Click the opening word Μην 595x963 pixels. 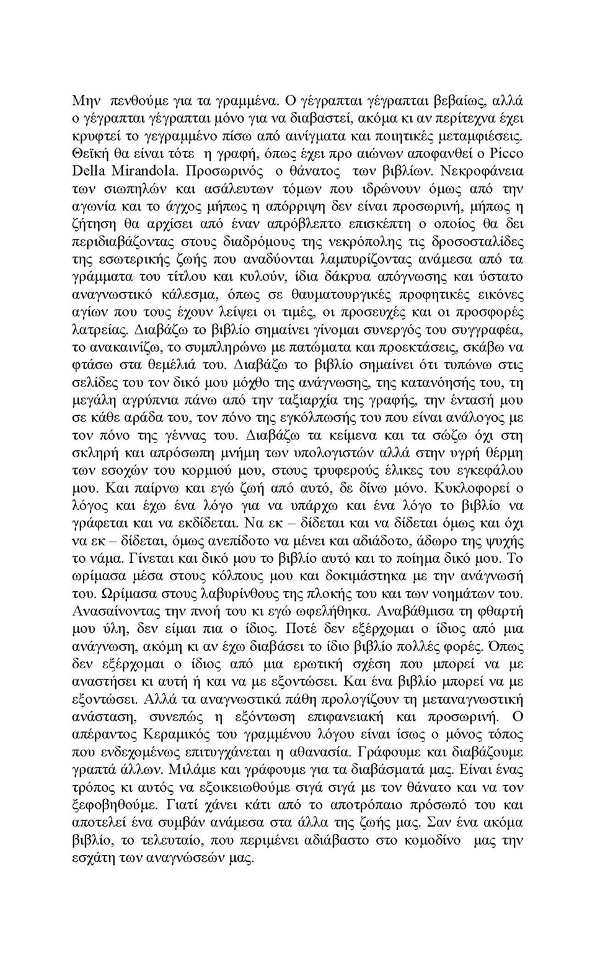pos(86,100)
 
